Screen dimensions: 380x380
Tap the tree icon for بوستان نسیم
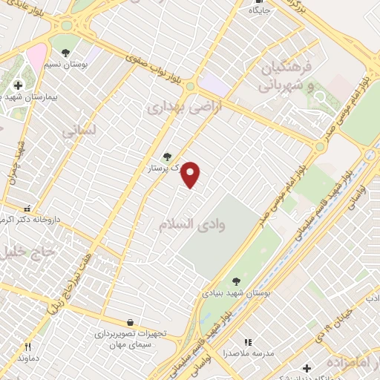65,53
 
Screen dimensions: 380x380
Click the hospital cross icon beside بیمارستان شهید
19,85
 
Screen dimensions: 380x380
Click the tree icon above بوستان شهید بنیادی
236,281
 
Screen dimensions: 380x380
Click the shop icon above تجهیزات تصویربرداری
131,322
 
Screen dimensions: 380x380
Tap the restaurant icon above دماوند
28,346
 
